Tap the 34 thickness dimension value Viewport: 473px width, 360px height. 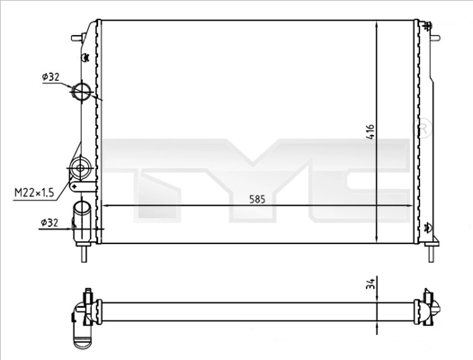(369, 286)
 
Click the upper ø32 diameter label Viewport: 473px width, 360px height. (50, 77)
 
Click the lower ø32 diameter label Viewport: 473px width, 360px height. (50, 221)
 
